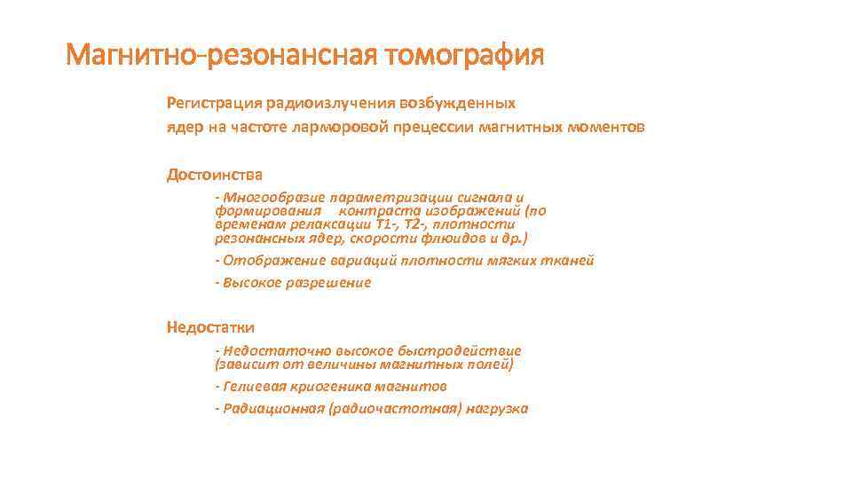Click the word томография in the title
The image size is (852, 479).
[x=464, y=56]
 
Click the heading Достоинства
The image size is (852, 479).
[x=214, y=175]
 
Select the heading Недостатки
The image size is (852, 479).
[x=210, y=327]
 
